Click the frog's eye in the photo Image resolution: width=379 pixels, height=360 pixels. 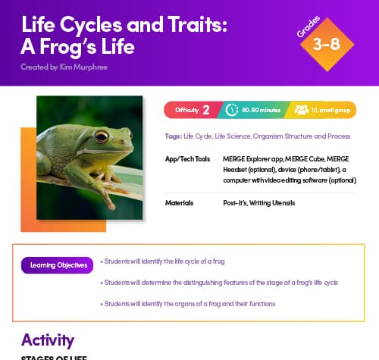point(100,137)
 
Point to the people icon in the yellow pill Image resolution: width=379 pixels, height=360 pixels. point(299,110)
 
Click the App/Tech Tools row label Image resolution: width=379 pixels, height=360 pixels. point(186,160)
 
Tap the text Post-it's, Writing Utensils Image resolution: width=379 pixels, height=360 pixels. point(258,203)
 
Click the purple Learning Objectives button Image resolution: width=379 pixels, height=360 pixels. point(57,265)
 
